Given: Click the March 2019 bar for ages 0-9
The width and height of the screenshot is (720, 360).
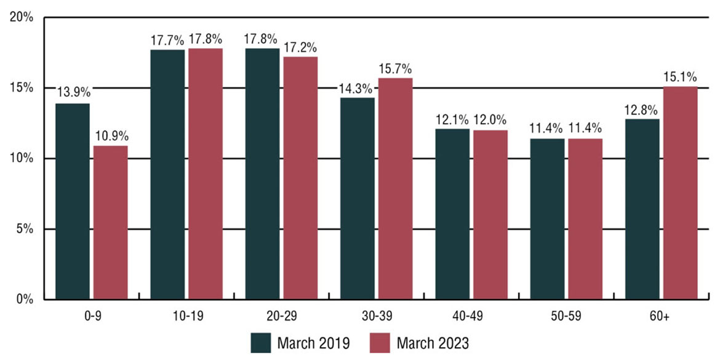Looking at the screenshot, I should (x=73, y=202).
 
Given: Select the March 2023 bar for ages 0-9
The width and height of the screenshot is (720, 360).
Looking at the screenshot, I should (x=111, y=223).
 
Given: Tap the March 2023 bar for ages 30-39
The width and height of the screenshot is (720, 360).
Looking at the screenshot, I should (x=395, y=189).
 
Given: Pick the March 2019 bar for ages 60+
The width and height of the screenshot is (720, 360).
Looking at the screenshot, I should (x=642, y=209).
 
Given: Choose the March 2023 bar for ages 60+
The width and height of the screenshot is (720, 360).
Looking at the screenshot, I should (x=680, y=193).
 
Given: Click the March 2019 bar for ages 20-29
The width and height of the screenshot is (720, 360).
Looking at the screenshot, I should (x=263, y=174).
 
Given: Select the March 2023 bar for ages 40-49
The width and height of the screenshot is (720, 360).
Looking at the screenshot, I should (x=490, y=215).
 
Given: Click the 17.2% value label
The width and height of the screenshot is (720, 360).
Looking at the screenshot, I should (x=300, y=46).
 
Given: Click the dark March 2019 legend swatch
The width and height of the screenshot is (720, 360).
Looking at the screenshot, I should (x=261, y=342).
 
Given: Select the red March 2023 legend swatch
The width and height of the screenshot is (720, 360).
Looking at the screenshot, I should (x=380, y=342).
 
